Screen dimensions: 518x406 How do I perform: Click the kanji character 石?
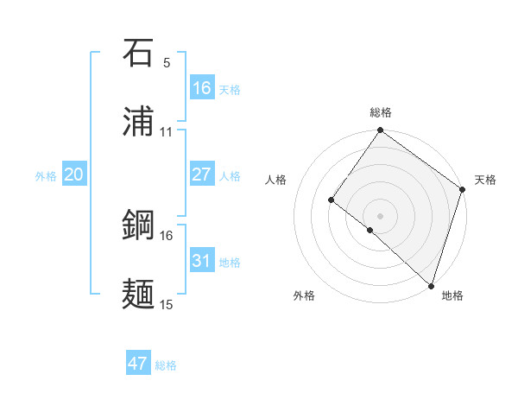point(139,55)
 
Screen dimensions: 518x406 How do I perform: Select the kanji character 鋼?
point(139,226)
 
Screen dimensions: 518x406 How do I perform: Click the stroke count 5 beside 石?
point(167,63)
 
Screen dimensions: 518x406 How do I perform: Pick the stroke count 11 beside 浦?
point(167,131)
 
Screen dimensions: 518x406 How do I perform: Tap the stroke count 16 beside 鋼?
point(167,235)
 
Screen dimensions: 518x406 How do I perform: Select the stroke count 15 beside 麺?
point(167,304)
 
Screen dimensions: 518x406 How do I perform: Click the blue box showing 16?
point(201,88)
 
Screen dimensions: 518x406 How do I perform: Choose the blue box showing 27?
point(201,174)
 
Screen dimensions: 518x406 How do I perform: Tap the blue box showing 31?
point(201,261)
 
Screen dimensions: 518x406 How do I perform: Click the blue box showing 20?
point(73,174)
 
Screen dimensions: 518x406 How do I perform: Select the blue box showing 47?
point(138,364)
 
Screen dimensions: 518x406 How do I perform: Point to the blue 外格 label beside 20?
point(46,176)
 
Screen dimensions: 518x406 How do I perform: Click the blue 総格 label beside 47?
point(166,365)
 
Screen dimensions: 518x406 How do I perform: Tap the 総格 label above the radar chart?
point(381,112)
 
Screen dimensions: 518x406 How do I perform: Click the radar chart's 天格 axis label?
point(485,180)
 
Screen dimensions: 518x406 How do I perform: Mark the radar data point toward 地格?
point(431,285)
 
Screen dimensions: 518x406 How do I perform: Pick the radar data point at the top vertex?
point(381,131)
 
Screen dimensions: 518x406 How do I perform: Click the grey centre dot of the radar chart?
point(380,215)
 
